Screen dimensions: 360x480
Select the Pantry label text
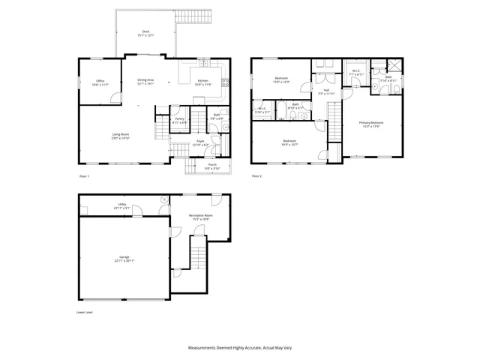click(180, 118)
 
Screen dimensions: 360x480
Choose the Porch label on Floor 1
click(211, 166)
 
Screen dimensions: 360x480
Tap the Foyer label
click(200, 141)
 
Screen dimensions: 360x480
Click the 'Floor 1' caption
click(84, 176)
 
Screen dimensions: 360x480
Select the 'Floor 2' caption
click(256, 176)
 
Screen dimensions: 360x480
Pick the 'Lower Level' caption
click(85, 311)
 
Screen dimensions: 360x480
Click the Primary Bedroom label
click(370, 122)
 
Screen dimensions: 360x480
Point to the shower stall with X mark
click(391, 65)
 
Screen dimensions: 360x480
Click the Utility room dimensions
click(123, 208)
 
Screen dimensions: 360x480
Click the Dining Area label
click(145, 79)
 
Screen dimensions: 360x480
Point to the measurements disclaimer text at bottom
click(239, 349)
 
